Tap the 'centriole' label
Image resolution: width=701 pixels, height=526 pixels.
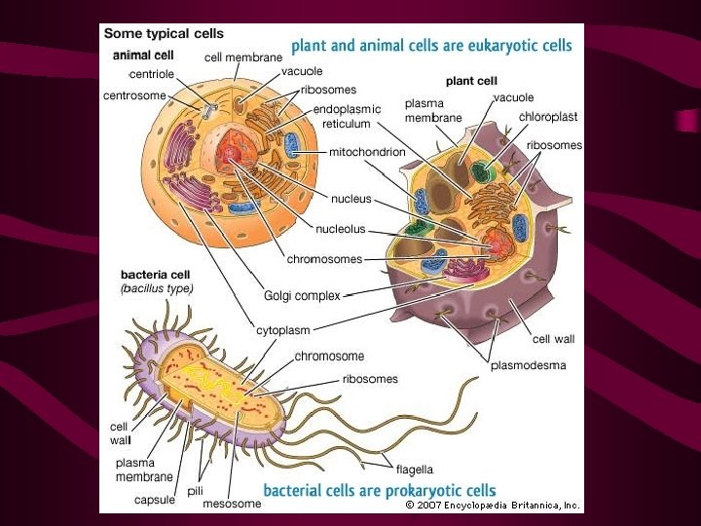152,74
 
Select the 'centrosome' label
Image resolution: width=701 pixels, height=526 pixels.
134,95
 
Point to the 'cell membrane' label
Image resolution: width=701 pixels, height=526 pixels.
243,57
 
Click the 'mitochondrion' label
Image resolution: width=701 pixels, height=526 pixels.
367,152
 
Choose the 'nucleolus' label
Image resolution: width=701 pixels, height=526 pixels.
341,229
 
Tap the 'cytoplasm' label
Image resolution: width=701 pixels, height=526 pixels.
284,330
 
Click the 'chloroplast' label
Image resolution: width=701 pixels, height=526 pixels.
548,116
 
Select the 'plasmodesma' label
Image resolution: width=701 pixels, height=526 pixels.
528,366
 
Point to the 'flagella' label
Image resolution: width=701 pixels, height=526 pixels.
414,470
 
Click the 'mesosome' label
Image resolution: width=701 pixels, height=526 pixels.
232,504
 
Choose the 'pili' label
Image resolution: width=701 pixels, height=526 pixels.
195,490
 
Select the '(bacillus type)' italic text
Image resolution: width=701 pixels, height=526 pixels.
157,288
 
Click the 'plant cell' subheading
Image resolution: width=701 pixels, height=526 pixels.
472,80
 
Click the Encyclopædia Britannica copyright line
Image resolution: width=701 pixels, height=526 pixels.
493,506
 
